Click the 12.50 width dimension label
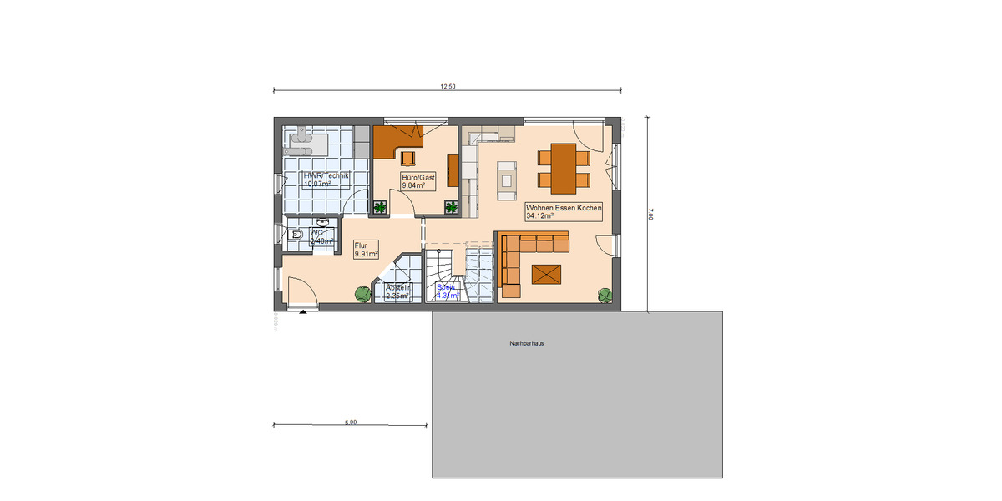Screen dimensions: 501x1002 pyautogui.click(x=448, y=87)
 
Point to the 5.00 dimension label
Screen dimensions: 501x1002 pyautogui.click(x=351, y=423)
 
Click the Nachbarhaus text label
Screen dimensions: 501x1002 pyautogui.click(x=526, y=343)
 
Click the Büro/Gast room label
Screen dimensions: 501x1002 pyautogui.click(x=418, y=182)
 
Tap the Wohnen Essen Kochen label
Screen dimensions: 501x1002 pyautogui.click(x=564, y=210)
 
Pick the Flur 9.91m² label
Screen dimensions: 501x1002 pyautogui.click(x=367, y=250)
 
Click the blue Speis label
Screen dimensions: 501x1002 pyautogui.click(x=448, y=291)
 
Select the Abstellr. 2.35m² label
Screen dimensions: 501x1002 pyautogui.click(x=397, y=291)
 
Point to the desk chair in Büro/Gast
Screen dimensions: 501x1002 pyautogui.click(x=408, y=157)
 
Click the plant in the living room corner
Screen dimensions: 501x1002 pyautogui.click(x=605, y=295)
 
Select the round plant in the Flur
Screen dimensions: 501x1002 pyautogui.click(x=362, y=294)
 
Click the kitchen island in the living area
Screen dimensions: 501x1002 pyautogui.click(x=507, y=180)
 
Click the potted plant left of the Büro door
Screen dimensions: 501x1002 pyautogui.click(x=381, y=207)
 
